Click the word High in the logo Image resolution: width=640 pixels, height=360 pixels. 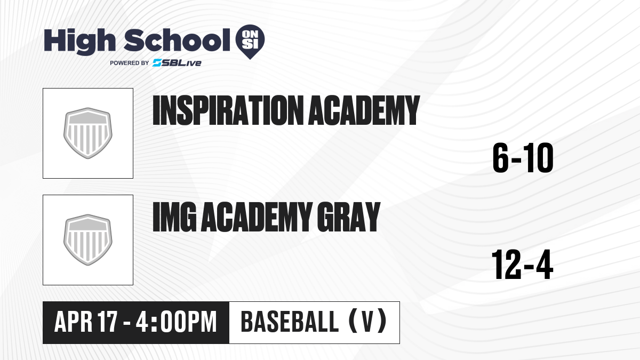(80, 41)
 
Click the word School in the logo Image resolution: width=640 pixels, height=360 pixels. (177, 40)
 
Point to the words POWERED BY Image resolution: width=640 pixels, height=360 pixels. (130, 63)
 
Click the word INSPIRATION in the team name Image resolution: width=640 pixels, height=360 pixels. (228, 110)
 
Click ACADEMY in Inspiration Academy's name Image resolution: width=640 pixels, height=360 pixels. (364, 110)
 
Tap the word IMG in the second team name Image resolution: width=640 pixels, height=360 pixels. (174, 217)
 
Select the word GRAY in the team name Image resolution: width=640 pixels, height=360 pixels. (349, 217)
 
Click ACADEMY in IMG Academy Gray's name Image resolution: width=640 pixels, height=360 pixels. (257, 217)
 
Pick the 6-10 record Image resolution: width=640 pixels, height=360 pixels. (523, 158)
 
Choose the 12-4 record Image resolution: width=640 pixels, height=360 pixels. (522, 265)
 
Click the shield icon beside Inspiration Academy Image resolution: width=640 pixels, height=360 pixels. (88, 133)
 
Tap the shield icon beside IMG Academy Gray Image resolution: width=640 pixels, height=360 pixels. (88, 240)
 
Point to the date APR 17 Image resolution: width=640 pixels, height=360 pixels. (86, 322)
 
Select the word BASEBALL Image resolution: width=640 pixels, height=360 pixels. (290, 322)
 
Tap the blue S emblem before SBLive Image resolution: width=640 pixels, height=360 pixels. (157, 63)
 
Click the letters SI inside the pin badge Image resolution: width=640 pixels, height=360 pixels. (250, 44)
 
